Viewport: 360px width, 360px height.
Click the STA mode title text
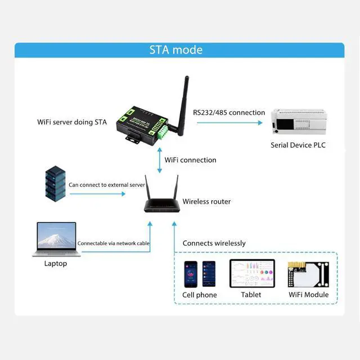pos(176,50)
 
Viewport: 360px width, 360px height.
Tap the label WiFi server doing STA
pos(72,122)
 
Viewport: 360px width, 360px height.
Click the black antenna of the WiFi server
pos(182,106)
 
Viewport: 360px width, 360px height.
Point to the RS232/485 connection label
pos(229,112)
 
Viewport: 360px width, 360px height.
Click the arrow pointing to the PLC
pos(229,123)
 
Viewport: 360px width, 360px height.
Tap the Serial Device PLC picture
pos(299,121)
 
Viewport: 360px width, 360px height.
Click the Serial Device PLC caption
pos(298,145)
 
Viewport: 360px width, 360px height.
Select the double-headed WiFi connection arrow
pos(160,160)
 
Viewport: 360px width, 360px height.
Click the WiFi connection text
pos(190,160)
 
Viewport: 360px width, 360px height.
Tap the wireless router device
pos(161,194)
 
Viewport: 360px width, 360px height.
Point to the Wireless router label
pos(206,201)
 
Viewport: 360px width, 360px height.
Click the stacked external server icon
pos(55,184)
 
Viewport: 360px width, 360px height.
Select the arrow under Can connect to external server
pos(97,194)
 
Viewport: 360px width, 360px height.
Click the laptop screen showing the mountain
pos(56,235)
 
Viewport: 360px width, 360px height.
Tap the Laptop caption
pos(56,264)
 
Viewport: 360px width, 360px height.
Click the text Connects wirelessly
pos(214,244)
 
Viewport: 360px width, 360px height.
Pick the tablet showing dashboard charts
pos(252,273)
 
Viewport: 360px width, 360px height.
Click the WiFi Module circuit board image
pos(308,274)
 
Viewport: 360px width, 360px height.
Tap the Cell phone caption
pos(200,295)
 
